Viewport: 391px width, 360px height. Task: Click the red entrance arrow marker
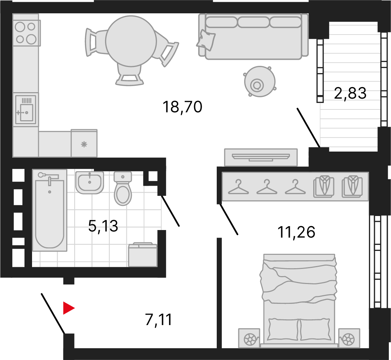click(x=68, y=308)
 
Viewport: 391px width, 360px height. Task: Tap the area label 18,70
click(x=182, y=107)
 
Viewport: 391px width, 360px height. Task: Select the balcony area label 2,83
click(x=350, y=93)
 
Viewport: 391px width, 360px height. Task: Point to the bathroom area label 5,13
click(x=103, y=226)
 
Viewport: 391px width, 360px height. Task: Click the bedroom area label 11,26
click(x=296, y=232)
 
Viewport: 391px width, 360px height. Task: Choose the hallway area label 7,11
click(x=158, y=320)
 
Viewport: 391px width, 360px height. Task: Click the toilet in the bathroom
click(x=123, y=189)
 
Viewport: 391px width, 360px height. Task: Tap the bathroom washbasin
click(x=90, y=183)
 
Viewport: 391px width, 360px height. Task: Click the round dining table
click(x=131, y=41)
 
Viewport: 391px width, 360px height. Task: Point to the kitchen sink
click(x=26, y=110)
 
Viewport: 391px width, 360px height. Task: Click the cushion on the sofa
click(x=206, y=40)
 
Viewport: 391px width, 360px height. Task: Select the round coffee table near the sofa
click(x=260, y=81)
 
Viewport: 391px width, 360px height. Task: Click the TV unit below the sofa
click(x=261, y=157)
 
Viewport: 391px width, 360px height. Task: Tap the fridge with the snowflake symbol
click(x=84, y=143)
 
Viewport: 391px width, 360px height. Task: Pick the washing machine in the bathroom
click(x=143, y=254)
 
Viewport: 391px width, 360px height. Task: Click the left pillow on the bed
click(x=283, y=329)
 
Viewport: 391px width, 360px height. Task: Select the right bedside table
click(x=349, y=338)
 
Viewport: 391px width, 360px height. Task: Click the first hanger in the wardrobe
click(x=238, y=187)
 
